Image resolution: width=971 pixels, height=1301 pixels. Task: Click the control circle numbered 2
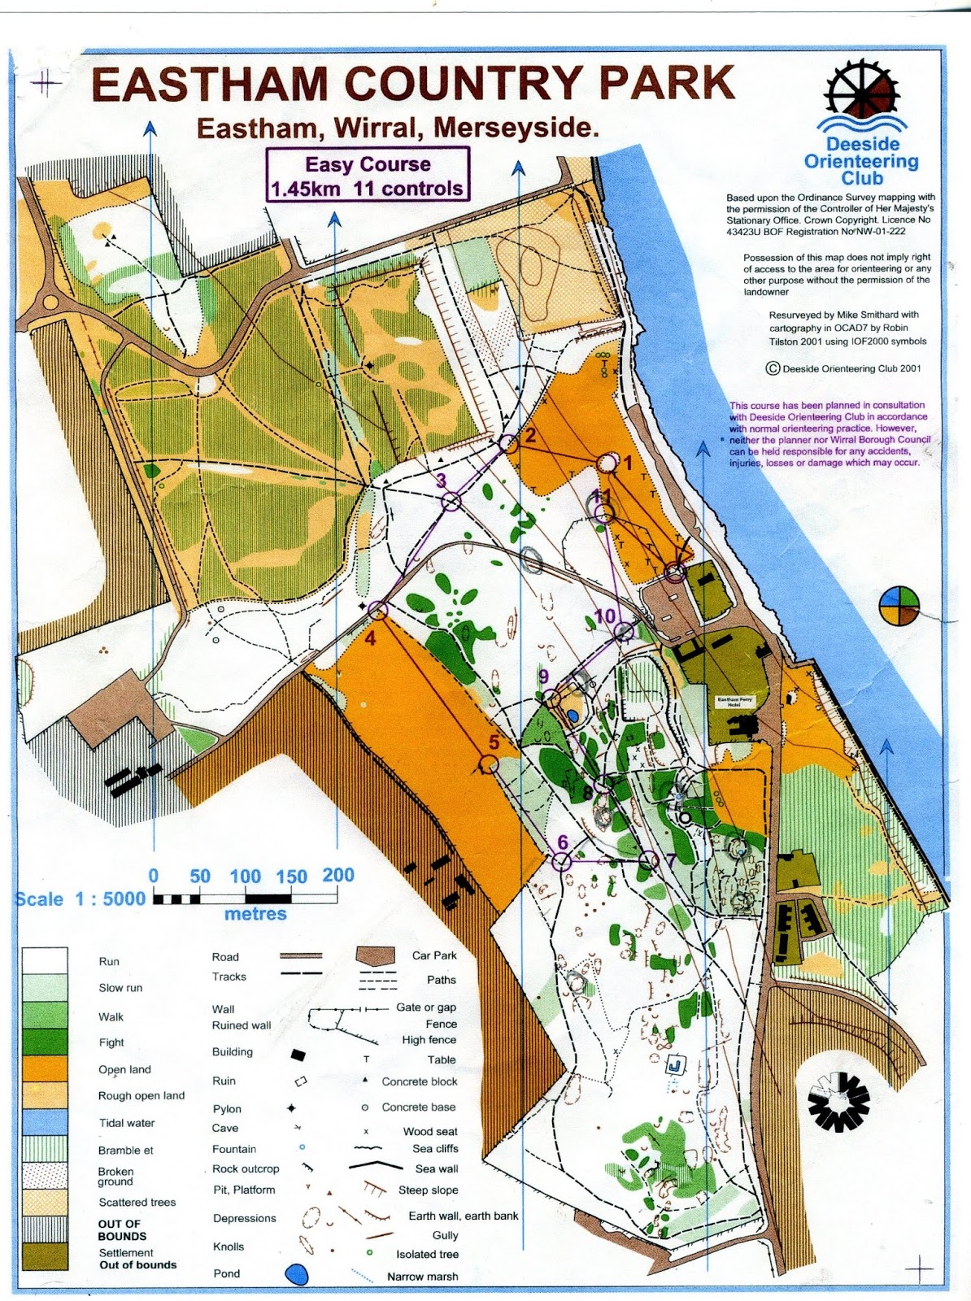click(508, 444)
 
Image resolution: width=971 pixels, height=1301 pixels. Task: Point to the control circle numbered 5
click(489, 764)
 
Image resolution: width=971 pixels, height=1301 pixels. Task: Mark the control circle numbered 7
click(648, 859)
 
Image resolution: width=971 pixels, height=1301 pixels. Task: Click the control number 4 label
click(370, 638)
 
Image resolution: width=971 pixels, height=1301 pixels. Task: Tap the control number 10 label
click(605, 616)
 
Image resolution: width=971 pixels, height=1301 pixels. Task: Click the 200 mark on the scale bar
click(337, 875)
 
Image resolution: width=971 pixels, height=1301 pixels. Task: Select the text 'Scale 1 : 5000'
click(80, 899)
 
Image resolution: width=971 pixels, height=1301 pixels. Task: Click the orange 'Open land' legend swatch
click(45, 1068)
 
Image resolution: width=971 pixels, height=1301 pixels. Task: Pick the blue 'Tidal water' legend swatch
click(45, 1122)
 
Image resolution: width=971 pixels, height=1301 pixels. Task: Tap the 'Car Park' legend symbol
click(376, 956)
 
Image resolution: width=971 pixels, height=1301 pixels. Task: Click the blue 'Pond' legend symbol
click(297, 1273)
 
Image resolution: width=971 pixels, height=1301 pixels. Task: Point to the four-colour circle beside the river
click(899, 605)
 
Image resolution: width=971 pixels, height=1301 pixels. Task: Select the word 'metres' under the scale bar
click(255, 914)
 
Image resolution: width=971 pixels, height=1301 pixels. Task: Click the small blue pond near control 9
click(573, 716)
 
